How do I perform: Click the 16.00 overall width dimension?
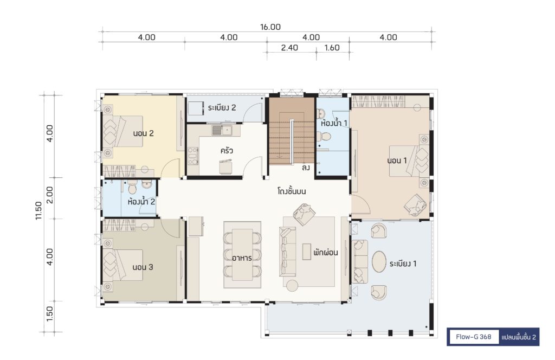click(270, 27)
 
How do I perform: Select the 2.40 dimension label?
click(289, 47)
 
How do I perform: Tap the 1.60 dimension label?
click(332, 47)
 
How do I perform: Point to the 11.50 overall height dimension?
click(38, 210)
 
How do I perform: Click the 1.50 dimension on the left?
click(49, 314)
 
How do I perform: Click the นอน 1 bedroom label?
click(397, 160)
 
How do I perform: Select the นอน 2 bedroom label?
click(143, 133)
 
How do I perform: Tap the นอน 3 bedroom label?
click(143, 267)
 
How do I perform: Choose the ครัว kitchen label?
click(227, 150)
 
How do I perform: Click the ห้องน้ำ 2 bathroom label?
click(141, 202)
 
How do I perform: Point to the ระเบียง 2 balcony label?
click(222, 107)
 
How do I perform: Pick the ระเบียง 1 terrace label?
click(403, 263)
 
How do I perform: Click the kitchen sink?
click(222, 130)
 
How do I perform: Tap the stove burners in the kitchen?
click(193, 156)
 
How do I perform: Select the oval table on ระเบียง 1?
click(379, 261)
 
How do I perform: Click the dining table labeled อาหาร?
click(242, 255)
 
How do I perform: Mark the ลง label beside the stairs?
click(306, 168)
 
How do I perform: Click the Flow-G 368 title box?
click(474, 337)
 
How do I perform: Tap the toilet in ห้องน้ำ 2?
click(132, 187)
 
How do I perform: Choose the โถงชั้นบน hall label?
click(292, 191)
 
